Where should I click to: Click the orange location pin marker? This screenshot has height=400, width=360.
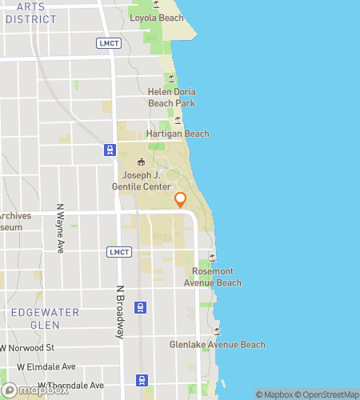181,200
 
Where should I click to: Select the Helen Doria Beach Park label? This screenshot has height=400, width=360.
171,98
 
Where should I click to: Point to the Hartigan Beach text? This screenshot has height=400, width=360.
177,134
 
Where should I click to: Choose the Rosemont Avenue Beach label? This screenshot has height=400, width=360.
212,277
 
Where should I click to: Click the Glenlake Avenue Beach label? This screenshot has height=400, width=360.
217,345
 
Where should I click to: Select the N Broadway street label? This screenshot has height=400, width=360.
121,312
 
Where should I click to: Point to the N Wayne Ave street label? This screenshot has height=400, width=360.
59,228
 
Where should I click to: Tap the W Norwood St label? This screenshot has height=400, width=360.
27,349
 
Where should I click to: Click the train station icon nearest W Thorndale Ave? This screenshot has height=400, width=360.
142,380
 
